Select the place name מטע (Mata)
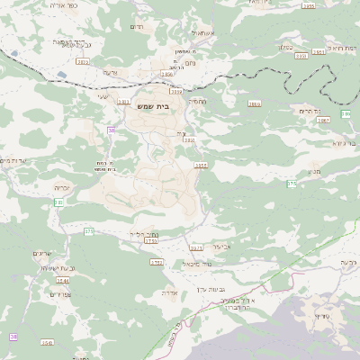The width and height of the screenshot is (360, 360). (x=313, y=171)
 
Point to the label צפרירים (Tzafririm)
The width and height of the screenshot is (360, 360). (x=60, y=294)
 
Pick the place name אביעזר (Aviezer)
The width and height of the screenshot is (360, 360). (x=222, y=246)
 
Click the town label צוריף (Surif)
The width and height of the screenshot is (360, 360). (x=320, y=316)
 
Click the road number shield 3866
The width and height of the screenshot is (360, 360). (x=255, y=103)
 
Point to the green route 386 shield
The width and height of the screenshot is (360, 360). (x=346, y=114)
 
